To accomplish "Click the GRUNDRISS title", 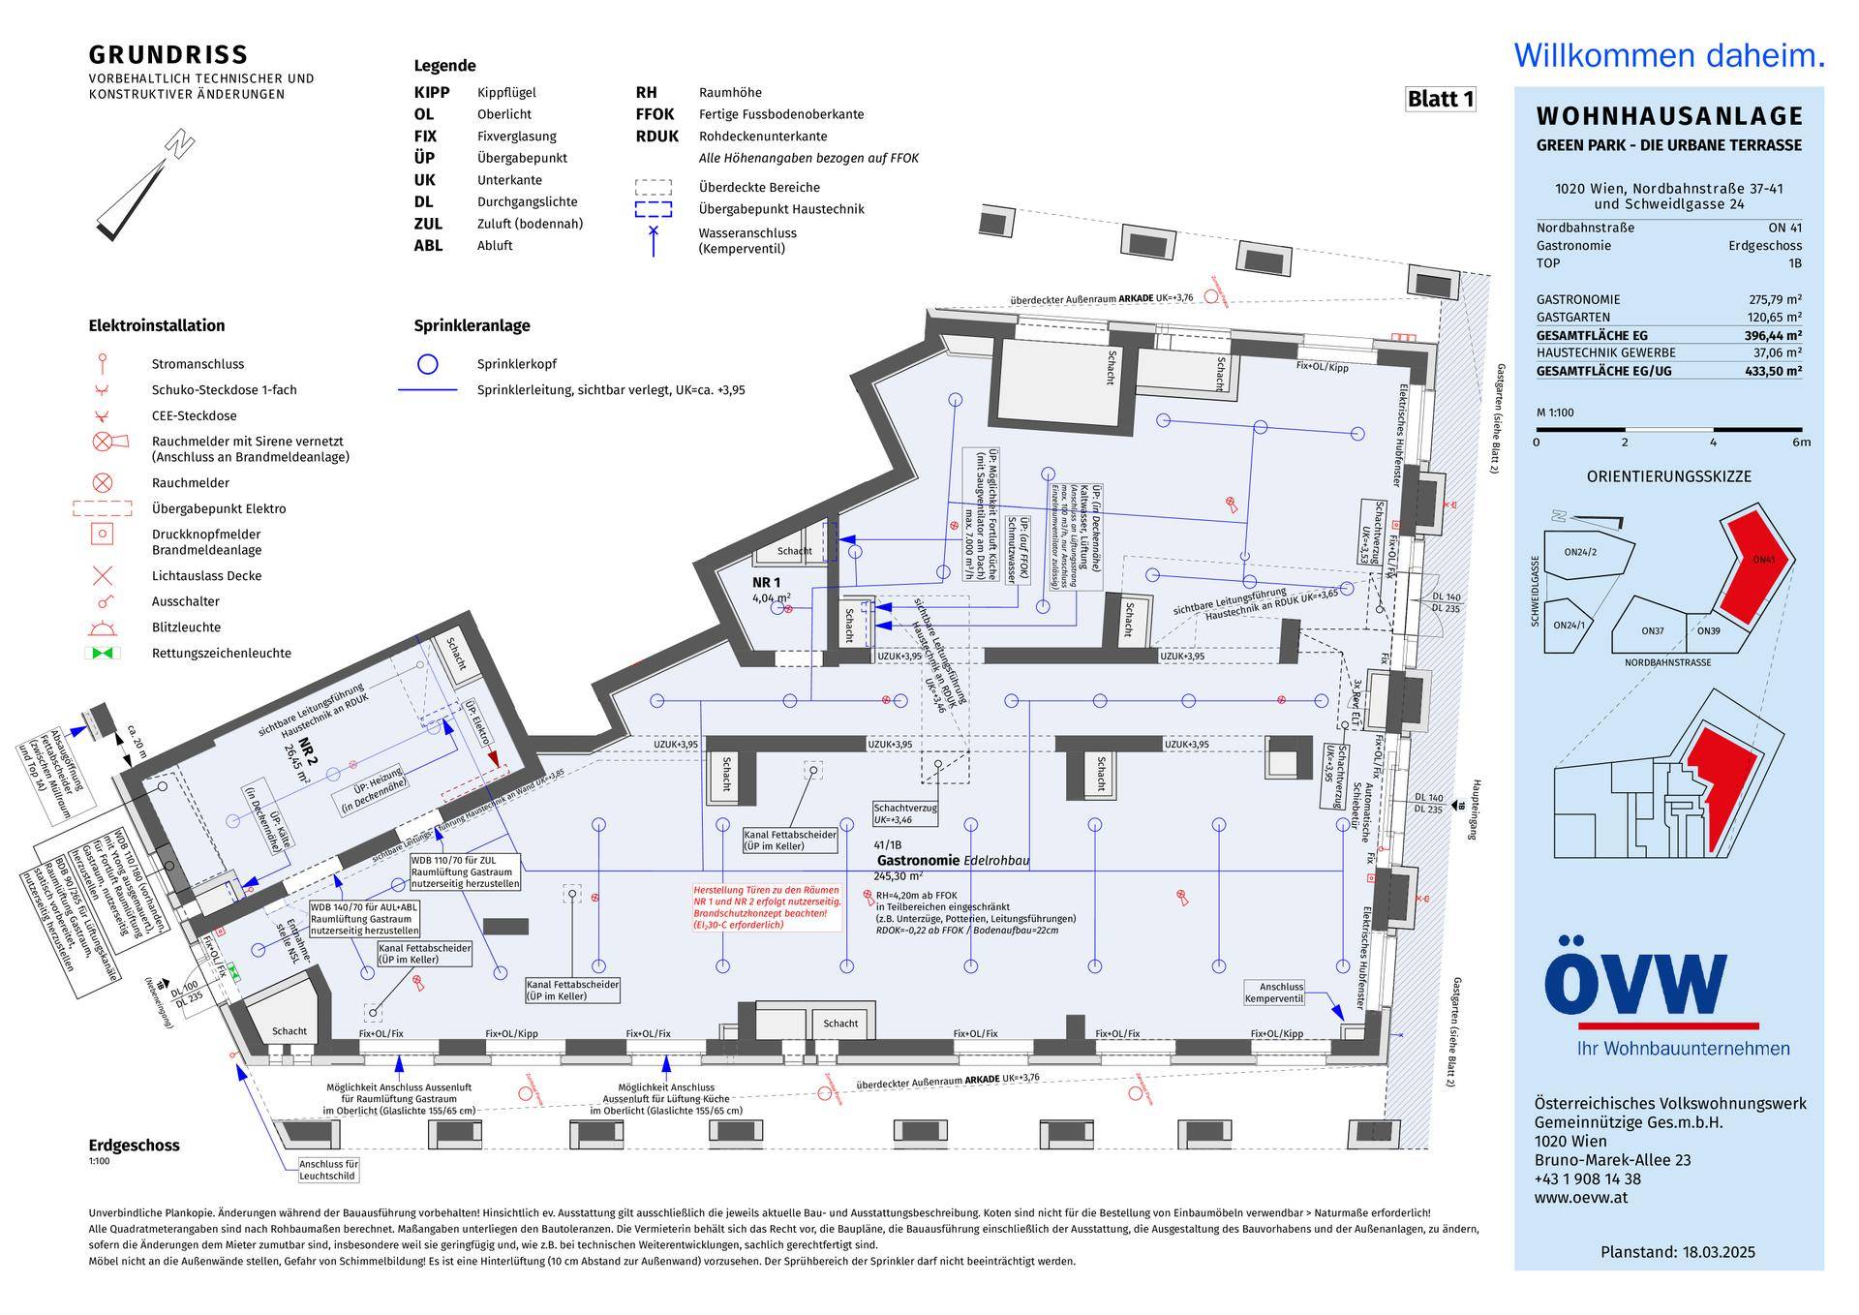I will coord(168,55).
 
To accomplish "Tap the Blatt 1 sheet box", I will coord(1440,99).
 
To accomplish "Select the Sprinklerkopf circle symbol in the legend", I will coord(427,364).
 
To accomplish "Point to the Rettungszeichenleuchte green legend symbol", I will coord(103,653).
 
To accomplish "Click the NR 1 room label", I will coord(766,582).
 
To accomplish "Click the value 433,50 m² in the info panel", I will coord(1776,371).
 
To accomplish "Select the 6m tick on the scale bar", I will coord(1801,443).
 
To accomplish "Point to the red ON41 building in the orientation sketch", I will coord(1755,571).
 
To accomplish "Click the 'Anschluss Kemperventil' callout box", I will coord(1274,993).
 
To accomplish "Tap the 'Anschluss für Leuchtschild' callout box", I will coord(328,1170).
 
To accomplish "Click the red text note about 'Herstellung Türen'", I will coord(766,907).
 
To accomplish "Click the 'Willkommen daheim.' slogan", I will coord(1669,55).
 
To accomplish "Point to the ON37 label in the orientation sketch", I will coord(1653,630).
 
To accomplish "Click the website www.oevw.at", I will coord(1580,1198).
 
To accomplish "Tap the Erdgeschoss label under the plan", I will coord(134,1146).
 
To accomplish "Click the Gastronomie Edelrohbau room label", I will coord(952,860).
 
